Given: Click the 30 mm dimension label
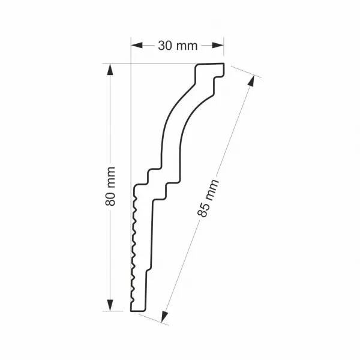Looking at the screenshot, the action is [178, 46].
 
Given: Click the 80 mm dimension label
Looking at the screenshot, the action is [110, 186].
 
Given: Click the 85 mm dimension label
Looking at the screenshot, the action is [208, 199].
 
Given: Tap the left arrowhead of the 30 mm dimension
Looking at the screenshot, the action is [137, 46].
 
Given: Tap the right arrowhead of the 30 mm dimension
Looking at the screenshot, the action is [218, 46].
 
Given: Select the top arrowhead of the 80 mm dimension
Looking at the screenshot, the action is [110, 69].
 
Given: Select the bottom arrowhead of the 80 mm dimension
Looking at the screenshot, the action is [110, 305].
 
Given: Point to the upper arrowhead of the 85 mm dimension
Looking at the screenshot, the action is [251, 81].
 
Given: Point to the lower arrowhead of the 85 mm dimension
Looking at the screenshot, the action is [164, 317].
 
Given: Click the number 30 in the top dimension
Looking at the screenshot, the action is [165, 46].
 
